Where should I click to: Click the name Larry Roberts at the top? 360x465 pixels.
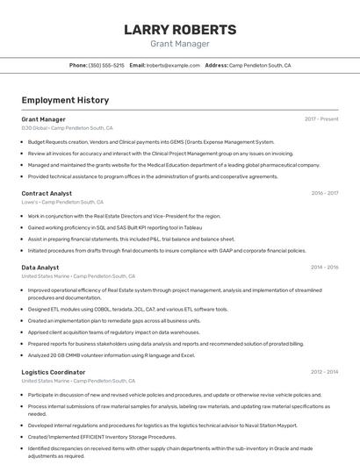point(180,30)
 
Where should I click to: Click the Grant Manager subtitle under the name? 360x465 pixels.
point(180,43)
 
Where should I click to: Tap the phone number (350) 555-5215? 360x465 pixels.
point(106,65)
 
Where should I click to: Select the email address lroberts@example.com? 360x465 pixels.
point(173,65)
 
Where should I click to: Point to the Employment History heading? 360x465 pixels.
point(65,100)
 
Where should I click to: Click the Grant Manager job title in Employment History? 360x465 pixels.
point(43,119)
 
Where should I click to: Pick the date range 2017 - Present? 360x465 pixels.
point(321,119)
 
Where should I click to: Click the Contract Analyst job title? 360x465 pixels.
point(47,193)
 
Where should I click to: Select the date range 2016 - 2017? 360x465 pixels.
point(324,193)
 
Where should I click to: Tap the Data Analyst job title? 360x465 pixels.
point(40,268)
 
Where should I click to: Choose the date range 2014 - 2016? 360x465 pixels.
point(324,268)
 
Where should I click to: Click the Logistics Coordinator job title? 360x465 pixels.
point(54,372)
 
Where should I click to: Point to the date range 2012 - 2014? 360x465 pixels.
point(324,372)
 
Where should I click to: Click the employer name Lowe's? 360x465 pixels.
point(30,202)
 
